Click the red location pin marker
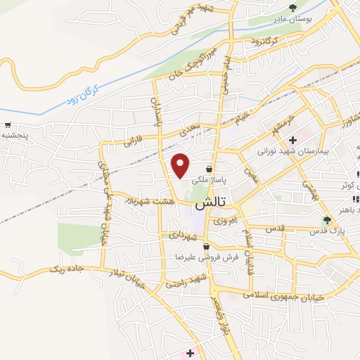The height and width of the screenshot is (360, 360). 181,165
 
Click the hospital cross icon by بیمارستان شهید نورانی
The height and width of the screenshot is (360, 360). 292,140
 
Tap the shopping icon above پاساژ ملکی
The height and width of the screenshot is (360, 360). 210,168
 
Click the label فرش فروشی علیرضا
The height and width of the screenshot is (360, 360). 205,257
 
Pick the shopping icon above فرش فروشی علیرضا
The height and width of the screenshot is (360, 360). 205,247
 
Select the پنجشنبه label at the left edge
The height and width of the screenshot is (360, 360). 15,133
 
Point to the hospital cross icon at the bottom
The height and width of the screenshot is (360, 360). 190,352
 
